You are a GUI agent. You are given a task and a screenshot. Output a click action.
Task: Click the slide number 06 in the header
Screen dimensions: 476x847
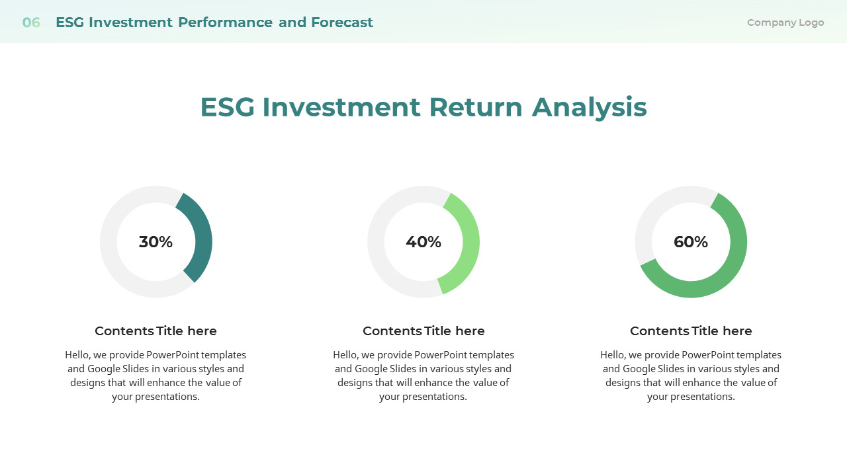coord(31,22)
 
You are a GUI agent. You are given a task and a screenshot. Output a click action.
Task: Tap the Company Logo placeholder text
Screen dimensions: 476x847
coord(785,22)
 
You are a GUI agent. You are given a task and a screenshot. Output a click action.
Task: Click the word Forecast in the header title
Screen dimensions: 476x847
coord(342,22)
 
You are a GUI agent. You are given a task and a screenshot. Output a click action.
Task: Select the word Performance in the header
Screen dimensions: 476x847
coord(225,22)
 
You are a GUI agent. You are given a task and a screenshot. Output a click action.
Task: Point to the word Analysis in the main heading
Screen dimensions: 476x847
coord(589,107)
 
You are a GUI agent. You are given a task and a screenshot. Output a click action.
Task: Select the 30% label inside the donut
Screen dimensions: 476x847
coord(156,242)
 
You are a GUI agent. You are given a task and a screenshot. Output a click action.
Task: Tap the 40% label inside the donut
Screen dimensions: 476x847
coord(423,242)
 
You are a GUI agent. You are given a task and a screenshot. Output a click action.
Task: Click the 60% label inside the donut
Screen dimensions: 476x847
coord(691,242)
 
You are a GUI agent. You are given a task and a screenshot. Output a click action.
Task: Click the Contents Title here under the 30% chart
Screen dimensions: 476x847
coord(156,331)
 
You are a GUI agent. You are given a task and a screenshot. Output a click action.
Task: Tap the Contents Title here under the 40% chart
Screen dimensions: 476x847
coord(423,331)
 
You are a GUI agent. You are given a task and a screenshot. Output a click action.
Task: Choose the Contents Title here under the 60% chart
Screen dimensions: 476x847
coord(691,331)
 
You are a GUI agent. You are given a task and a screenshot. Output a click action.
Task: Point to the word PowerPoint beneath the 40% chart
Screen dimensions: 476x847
coord(439,355)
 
